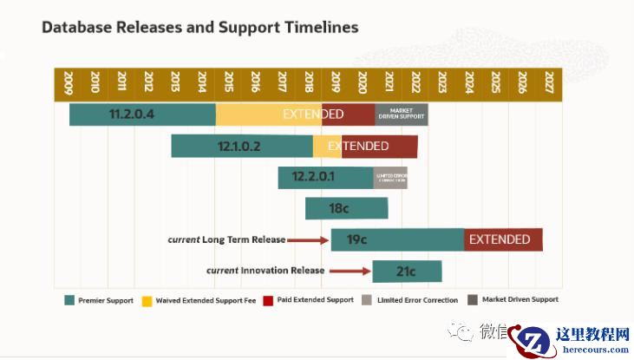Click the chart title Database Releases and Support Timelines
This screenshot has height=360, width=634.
[x=199, y=28]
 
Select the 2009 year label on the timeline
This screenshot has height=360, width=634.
[x=69, y=82]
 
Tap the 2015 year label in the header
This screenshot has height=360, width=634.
[x=229, y=82]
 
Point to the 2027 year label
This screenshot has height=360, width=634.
[x=548, y=82]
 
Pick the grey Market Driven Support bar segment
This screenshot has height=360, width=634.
[x=401, y=114]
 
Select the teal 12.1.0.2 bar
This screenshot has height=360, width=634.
[x=241, y=146]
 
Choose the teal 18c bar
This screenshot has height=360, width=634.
[x=346, y=208]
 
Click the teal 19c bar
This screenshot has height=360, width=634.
[x=397, y=239]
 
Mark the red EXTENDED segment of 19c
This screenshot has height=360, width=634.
[x=503, y=239]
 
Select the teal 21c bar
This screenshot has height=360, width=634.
[x=407, y=271]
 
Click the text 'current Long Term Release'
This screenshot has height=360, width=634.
[x=225, y=239]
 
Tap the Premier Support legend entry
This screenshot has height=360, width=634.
[x=99, y=300]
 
